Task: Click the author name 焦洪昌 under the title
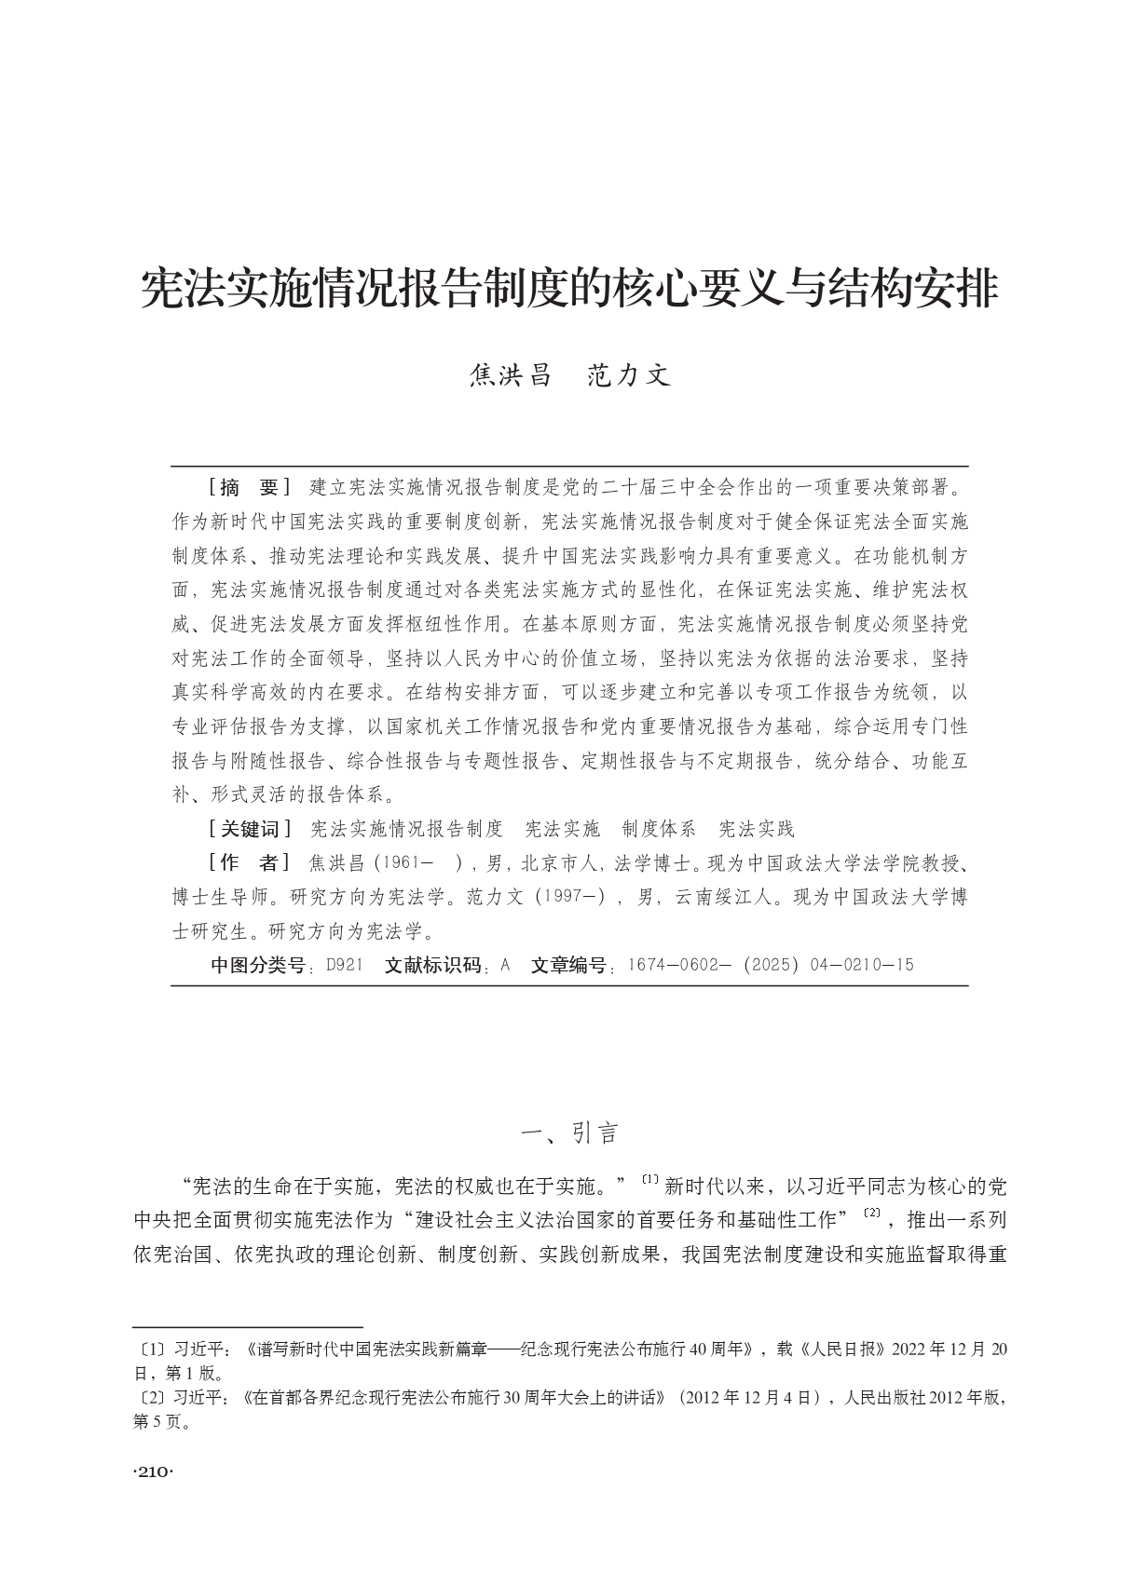click(x=511, y=375)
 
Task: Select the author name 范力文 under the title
click(x=629, y=375)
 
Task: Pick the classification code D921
click(x=345, y=965)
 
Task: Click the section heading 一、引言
click(x=569, y=1133)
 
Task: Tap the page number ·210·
click(x=155, y=1472)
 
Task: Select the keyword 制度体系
click(x=659, y=829)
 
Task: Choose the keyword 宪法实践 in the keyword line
click(x=756, y=829)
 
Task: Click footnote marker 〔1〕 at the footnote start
click(x=147, y=1349)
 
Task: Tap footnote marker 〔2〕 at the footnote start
click(x=147, y=1398)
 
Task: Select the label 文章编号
click(x=567, y=965)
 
